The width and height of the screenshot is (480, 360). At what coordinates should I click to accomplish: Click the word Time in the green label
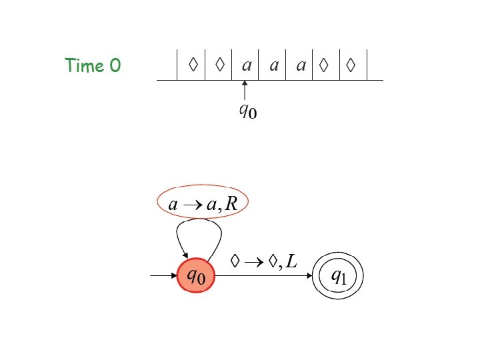[84, 65]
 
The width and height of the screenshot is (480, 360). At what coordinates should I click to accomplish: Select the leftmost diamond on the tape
[193, 65]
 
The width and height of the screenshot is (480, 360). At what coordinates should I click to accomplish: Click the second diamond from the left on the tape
[219, 65]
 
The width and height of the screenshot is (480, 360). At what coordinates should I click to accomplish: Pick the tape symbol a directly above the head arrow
[247, 65]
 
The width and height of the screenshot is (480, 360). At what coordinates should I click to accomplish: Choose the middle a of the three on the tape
[273, 65]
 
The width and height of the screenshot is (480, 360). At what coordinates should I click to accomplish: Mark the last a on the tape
[301, 65]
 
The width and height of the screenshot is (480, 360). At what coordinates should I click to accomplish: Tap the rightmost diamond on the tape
[351, 65]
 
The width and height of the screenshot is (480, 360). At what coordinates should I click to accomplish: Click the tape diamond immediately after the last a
[325, 65]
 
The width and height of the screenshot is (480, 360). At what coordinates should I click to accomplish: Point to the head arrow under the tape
[245, 90]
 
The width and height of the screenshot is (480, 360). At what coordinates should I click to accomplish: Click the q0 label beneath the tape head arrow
[247, 110]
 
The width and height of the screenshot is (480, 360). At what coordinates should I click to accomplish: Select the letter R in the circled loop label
[231, 204]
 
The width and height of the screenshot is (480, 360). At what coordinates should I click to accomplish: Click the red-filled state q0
[196, 274]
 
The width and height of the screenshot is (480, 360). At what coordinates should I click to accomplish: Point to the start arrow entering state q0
[163, 275]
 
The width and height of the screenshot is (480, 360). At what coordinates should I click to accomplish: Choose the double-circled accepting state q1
[339, 276]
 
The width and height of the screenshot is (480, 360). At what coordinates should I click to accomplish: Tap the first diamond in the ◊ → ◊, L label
[235, 261]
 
